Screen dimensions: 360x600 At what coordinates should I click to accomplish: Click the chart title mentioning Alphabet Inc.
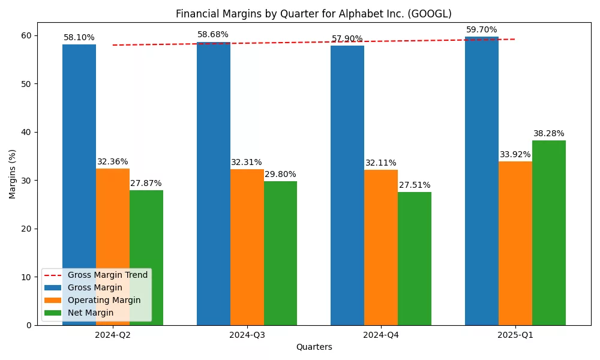(x=313, y=14)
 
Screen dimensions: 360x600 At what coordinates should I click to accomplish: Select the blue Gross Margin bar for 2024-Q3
(x=213, y=180)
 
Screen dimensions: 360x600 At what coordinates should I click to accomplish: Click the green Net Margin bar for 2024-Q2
(x=146, y=258)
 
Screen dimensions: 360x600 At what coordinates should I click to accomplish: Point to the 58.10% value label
(x=79, y=37)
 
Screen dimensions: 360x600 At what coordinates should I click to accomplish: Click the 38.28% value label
(x=549, y=133)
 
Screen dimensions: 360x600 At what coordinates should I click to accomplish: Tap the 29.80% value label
(x=280, y=174)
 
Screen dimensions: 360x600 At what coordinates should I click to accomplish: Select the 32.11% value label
(x=381, y=163)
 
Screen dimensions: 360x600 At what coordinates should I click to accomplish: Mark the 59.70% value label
(x=482, y=29)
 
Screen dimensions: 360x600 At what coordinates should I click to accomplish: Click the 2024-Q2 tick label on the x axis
(x=113, y=335)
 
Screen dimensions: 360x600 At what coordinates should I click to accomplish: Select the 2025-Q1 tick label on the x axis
(x=515, y=335)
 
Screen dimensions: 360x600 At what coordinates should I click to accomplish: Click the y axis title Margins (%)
(x=12, y=174)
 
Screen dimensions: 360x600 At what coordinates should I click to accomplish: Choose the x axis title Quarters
(x=314, y=347)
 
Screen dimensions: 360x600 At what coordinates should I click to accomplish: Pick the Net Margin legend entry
(x=91, y=313)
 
